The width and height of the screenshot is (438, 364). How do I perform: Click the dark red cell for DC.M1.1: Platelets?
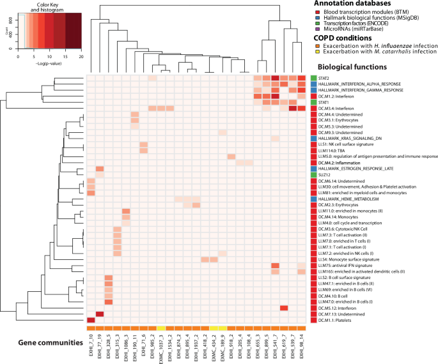91,321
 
